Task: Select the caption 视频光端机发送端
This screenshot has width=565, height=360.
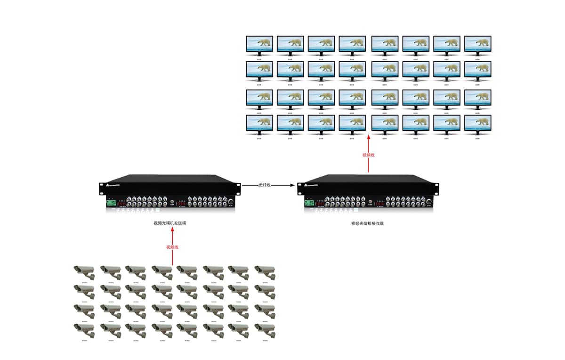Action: point(170,223)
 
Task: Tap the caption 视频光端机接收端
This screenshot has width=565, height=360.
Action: point(367,223)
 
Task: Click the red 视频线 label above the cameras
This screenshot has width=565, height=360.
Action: point(172,247)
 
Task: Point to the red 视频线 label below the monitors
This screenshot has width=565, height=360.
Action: point(369,155)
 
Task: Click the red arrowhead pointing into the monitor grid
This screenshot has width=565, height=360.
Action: point(369,137)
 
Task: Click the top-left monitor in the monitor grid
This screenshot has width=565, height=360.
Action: point(259,45)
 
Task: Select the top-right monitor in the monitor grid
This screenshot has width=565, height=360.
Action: point(477,45)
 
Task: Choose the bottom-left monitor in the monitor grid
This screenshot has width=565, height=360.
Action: point(259,124)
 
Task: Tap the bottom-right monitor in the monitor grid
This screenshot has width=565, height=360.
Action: point(477,124)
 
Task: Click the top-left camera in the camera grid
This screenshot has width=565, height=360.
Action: point(84,272)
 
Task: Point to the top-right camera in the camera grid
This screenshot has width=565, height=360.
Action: point(265,272)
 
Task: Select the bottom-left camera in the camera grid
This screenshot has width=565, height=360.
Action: point(84,329)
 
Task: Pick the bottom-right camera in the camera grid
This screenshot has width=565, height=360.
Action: point(265,329)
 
